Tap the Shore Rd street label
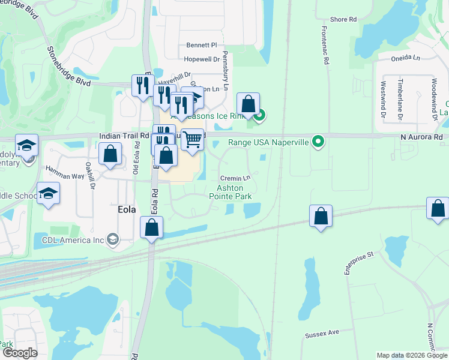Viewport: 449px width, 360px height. click(343, 20)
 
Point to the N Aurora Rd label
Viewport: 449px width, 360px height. click(421, 137)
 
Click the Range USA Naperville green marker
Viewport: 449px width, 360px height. click(319, 142)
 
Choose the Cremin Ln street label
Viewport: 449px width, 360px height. click(235, 178)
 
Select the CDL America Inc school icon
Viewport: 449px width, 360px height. click(112, 240)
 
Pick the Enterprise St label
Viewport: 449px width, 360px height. click(358, 263)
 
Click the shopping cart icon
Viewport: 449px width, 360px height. click(192, 139)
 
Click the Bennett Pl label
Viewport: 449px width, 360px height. click(201, 45)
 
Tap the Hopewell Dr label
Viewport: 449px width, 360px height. click(200, 59)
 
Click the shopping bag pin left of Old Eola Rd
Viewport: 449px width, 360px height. click(111, 154)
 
